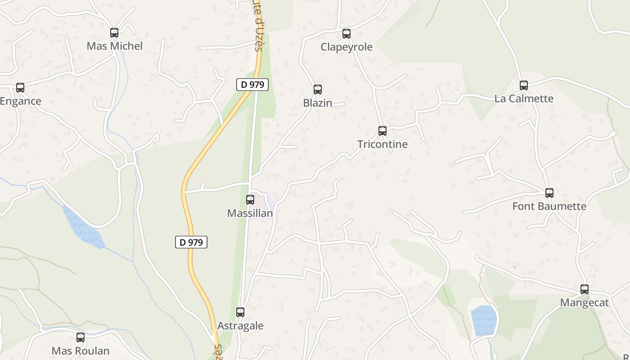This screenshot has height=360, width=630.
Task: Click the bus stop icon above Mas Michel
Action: coord(114,33)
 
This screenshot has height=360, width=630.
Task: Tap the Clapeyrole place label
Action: coord(346,47)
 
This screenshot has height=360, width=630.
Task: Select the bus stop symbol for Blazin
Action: coord(318,90)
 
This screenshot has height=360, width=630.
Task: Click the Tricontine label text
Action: coord(382,144)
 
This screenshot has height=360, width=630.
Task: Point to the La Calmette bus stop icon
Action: coord(524,85)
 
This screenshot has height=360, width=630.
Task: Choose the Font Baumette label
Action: coord(549,206)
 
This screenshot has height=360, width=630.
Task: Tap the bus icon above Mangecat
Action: coord(585,289)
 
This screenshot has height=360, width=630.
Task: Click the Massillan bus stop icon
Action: coord(250,200)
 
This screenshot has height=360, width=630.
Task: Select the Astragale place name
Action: coord(240,326)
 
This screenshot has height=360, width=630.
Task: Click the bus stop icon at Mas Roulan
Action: coord(81,337)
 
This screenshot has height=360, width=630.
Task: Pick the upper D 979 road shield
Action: coord(252,84)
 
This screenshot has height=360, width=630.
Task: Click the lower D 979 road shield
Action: coord(191,242)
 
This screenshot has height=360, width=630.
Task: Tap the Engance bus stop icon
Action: coord(20,88)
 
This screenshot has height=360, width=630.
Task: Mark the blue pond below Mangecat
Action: coord(483,320)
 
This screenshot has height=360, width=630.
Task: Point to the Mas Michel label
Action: coord(114,46)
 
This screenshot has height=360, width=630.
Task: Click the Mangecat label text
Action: coord(585,302)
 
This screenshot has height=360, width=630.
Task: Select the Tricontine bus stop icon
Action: coord(382,131)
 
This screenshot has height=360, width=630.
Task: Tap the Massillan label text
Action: coord(250,213)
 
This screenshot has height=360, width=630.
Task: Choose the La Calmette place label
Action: coord(524,99)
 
